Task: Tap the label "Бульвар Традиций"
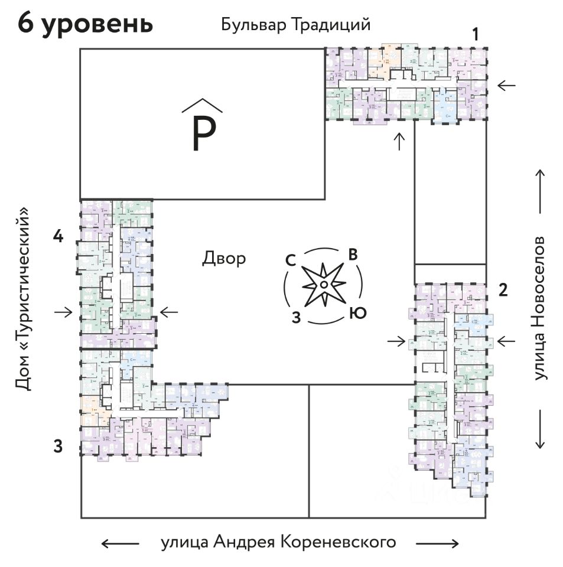pos(295,25)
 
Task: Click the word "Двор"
pos(224,259)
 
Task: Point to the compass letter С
pos(291,260)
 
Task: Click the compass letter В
pos(353,255)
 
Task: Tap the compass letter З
pos(297,317)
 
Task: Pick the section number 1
pos(475,35)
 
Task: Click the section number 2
pos(503,289)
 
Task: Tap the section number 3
pos(58,446)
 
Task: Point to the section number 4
pos(58,237)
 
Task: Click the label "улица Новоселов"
pos(539,309)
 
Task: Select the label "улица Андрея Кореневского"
pos(278,542)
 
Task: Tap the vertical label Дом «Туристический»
pos(22,299)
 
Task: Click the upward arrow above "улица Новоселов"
pos(539,191)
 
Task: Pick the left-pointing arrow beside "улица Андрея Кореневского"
pos(121,543)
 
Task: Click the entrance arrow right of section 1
pos(506,86)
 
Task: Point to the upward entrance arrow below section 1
pos(400,142)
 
